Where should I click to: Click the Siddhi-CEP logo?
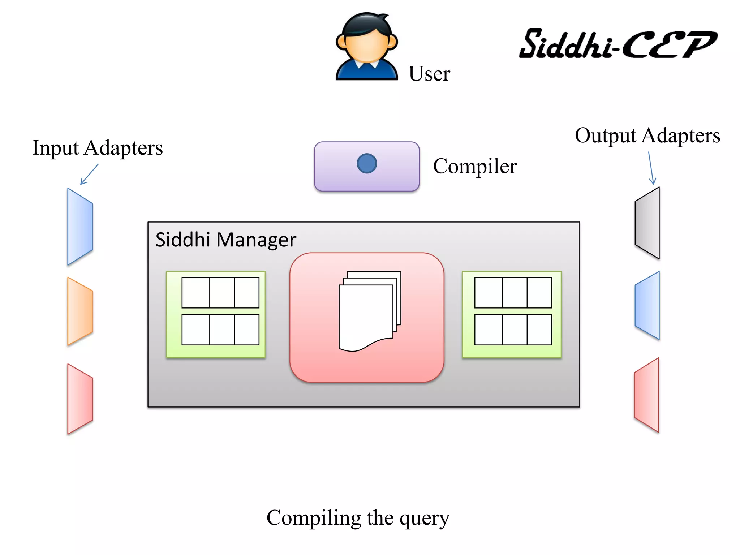(618, 44)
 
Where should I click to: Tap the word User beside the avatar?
(429, 74)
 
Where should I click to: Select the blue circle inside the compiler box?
(367, 164)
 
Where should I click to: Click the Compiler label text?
(475, 166)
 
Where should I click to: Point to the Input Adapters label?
(98, 148)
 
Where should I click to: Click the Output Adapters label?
(647, 135)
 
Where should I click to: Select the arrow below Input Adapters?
(89, 175)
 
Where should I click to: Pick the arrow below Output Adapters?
(651, 168)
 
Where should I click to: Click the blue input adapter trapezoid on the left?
(80, 227)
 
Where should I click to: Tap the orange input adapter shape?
(80, 311)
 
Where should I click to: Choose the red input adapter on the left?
(80, 399)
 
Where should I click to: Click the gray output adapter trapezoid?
(647, 223)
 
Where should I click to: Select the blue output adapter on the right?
(647, 305)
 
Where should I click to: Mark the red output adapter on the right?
(647, 395)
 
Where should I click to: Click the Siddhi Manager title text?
(225, 240)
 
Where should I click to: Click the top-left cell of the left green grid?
(195, 293)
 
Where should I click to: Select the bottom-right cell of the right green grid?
(539, 330)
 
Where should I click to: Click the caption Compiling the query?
(358, 518)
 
